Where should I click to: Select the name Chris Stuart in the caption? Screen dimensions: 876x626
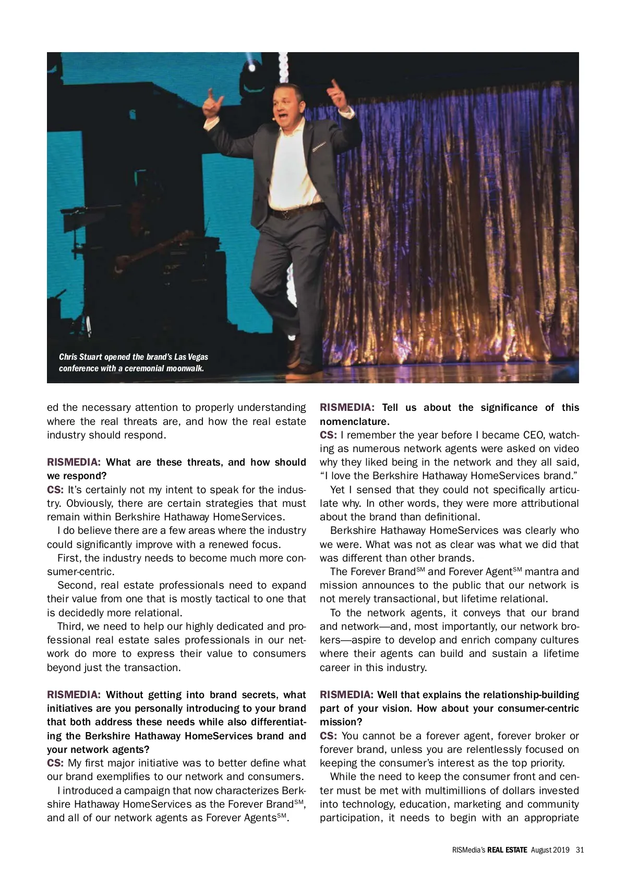coord(80,357)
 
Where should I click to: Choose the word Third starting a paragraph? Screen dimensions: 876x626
coord(69,626)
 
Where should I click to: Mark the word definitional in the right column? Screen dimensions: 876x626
coord(448,517)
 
